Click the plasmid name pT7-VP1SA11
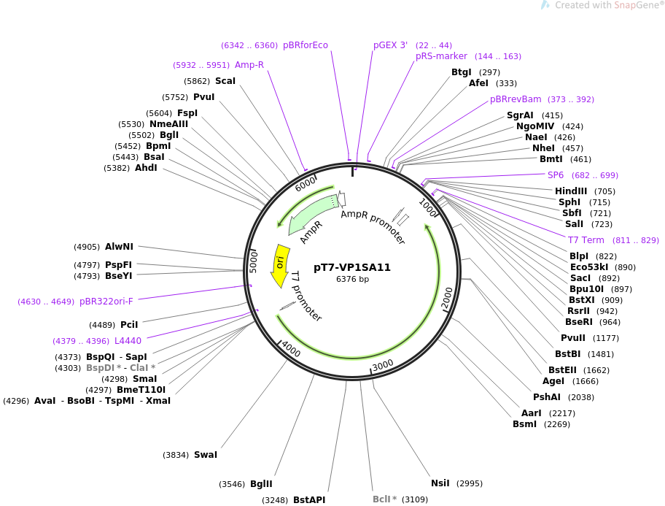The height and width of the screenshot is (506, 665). tap(352, 267)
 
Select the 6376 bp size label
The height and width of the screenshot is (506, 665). tap(352, 280)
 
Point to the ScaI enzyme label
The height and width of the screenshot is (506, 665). tap(225, 81)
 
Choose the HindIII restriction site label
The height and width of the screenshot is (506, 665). tap(571, 191)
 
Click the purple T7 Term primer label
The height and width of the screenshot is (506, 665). tap(586, 240)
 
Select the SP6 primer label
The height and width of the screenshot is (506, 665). tap(556, 175)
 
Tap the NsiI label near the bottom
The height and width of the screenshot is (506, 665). tap(440, 483)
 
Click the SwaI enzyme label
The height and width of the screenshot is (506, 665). tap(206, 455)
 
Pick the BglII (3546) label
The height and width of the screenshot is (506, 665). tap(261, 484)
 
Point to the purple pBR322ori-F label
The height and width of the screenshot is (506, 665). tap(106, 301)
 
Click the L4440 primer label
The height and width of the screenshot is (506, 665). tap(128, 341)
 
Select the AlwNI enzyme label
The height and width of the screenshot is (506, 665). tap(119, 247)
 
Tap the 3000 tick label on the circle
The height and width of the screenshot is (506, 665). tap(383, 364)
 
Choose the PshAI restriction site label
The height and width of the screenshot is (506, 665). tap(547, 397)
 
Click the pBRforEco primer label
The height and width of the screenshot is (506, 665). tap(306, 45)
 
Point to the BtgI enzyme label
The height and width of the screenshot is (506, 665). tap(462, 72)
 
